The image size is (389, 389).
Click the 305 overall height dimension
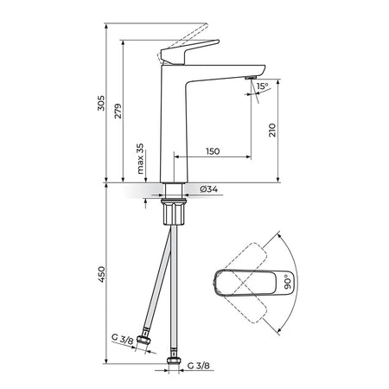tap(101, 103)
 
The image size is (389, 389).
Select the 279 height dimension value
tap(118, 111)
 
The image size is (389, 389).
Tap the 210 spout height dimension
tap(272, 130)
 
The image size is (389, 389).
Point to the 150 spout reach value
tap(213, 151)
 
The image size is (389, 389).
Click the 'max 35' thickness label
tap(140, 159)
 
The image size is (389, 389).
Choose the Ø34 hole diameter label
tap(209, 189)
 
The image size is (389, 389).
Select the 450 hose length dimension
tap(101, 274)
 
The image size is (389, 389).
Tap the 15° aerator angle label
tap(262, 86)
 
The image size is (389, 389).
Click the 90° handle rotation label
tap(288, 282)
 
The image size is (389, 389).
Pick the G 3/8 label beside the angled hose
tap(123, 339)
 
